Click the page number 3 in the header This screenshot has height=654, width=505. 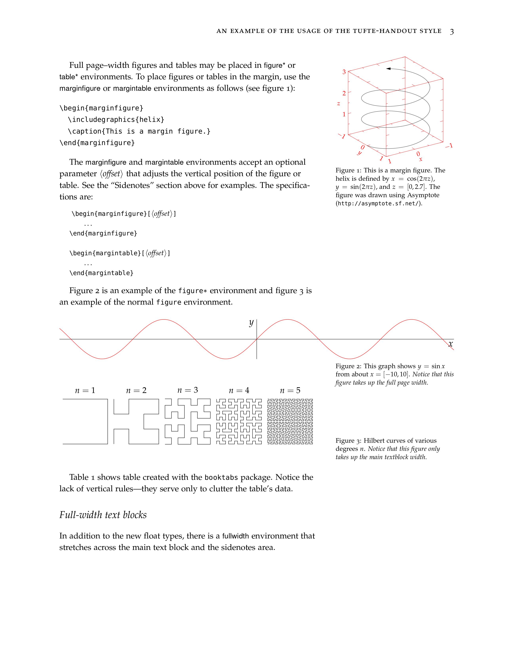click(x=452, y=32)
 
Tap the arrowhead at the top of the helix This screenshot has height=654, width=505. click(x=388, y=69)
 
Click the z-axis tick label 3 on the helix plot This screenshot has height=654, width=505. click(x=344, y=72)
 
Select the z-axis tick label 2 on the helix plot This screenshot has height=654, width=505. click(x=344, y=93)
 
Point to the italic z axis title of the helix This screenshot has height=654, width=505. click(x=338, y=104)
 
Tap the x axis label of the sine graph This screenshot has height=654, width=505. click(x=451, y=344)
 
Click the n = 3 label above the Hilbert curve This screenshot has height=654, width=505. click(x=188, y=390)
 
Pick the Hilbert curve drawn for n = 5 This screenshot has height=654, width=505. click(x=290, y=421)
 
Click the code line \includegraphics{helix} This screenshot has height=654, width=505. click(x=116, y=120)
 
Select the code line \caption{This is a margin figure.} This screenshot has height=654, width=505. click(x=139, y=131)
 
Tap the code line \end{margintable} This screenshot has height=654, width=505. click(x=101, y=273)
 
